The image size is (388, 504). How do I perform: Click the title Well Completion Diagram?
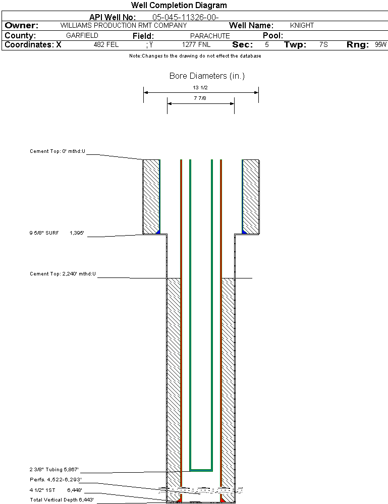tap(179, 6)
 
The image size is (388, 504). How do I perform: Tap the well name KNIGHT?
tap(302, 25)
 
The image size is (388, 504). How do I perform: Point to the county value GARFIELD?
tap(82, 36)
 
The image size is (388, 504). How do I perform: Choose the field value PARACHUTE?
tap(210, 36)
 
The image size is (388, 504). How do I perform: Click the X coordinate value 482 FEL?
tap(106, 44)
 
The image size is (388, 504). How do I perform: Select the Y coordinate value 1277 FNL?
tap(196, 44)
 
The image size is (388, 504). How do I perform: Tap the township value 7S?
tap(323, 44)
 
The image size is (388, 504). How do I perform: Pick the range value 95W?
tap(380, 44)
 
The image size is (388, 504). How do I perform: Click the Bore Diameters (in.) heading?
tap(207, 76)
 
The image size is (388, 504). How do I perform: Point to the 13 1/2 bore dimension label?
tap(200, 87)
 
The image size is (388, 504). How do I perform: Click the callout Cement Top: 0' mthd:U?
tap(58, 151)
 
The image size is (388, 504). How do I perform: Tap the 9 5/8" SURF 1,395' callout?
tap(56, 233)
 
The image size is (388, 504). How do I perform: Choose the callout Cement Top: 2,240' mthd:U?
tap(63, 274)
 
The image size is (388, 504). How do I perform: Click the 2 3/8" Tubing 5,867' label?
tap(54, 469)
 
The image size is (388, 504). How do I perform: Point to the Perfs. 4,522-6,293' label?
tap(56, 479)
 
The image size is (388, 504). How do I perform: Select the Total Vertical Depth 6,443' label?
tap(62, 499)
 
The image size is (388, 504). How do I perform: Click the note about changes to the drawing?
tap(195, 56)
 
